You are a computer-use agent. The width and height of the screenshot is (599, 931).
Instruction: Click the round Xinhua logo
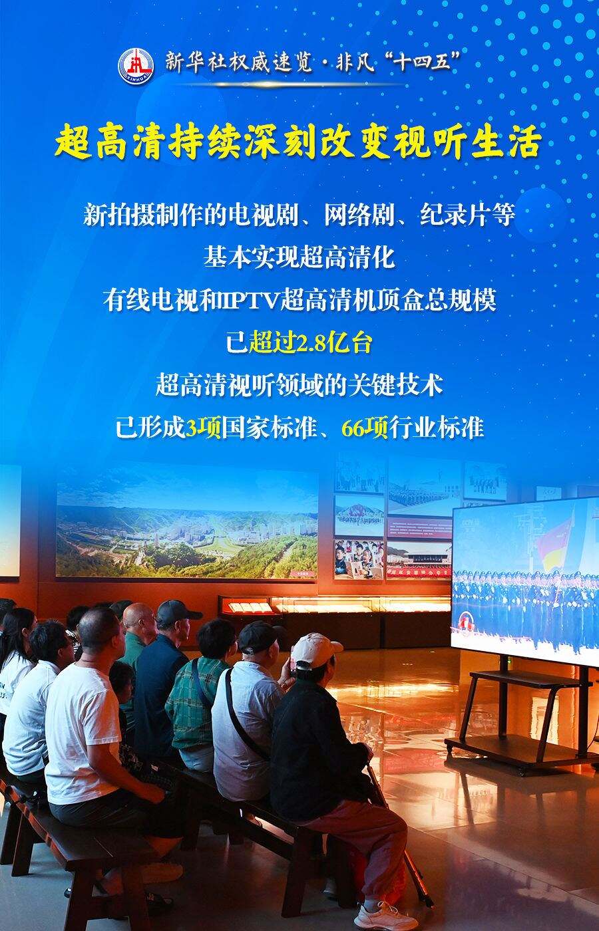(x=136, y=66)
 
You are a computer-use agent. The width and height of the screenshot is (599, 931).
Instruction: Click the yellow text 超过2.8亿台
(x=310, y=343)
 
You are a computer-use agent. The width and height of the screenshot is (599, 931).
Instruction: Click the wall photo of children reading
(x=359, y=560)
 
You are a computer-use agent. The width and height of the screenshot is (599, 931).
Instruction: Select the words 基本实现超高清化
(x=299, y=258)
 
